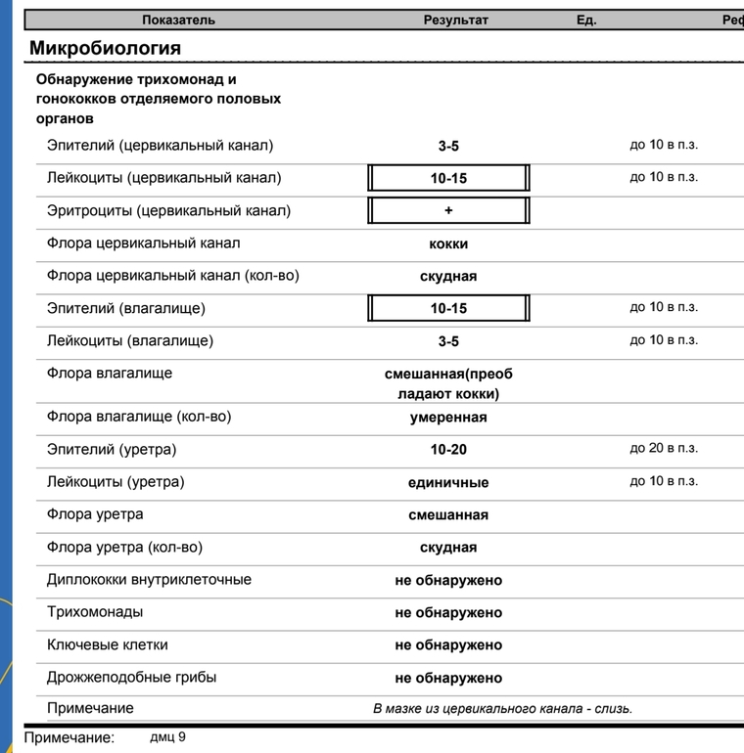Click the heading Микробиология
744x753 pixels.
pyautogui.click(x=105, y=48)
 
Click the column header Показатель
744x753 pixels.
pyautogui.click(x=178, y=20)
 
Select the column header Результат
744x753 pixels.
pyautogui.click(x=455, y=20)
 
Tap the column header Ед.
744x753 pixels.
pyautogui.click(x=586, y=20)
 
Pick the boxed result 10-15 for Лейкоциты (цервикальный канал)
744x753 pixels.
pyautogui.click(x=448, y=179)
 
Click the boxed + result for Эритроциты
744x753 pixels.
pyautogui.click(x=448, y=211)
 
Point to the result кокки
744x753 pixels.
pyautogui.click(x=448, y=244)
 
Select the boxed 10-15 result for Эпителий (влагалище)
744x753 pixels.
pyautogui.click(x=448, y=309)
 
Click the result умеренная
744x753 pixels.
pyautogui.click(x=448, y=418)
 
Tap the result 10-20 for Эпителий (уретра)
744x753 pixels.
pyautogui.click(x=448, y=450)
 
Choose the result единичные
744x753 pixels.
pyautogui.click(x=448, y=482)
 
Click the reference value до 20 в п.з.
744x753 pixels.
pyautogui.click(x=664, y=449)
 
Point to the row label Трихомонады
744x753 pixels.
pyautogui.click(x=95, y=612)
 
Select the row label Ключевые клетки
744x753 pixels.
pyautogui.click(x=108, y=644)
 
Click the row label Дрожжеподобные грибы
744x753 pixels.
pyautogui.click(x=131, y=677)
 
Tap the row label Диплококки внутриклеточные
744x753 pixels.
pyautogui.click(x=149, y=580)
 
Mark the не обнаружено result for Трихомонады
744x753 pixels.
pyautogui.click(x=448, y=613)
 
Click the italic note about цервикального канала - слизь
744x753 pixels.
pyautogui.click(x=502, y=708)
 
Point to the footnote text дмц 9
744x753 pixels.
pyautogui.click(x=167, y=736)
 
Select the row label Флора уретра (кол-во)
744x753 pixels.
pyautogui.click(x=124, y=548)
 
